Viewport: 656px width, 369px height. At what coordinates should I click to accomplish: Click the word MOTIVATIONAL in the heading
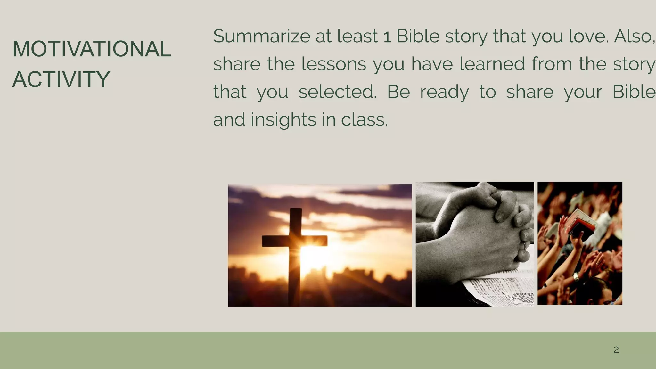(92, 49)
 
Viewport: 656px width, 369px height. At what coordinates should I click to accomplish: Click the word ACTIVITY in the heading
(61, 79)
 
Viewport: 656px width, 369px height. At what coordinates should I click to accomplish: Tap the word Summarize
(262, 36)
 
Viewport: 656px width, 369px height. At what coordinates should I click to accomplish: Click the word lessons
(333, 64)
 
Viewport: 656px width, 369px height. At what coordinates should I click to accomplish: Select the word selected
(337, 92)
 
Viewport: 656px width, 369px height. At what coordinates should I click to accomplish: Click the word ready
(444, 92)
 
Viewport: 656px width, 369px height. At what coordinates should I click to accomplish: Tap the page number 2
(616, 350)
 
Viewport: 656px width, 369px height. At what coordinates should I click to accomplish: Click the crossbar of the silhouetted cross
(294, 241)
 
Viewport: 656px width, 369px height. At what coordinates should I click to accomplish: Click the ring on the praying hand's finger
(524, 245)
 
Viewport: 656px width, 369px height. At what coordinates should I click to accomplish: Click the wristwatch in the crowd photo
(576, 276)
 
